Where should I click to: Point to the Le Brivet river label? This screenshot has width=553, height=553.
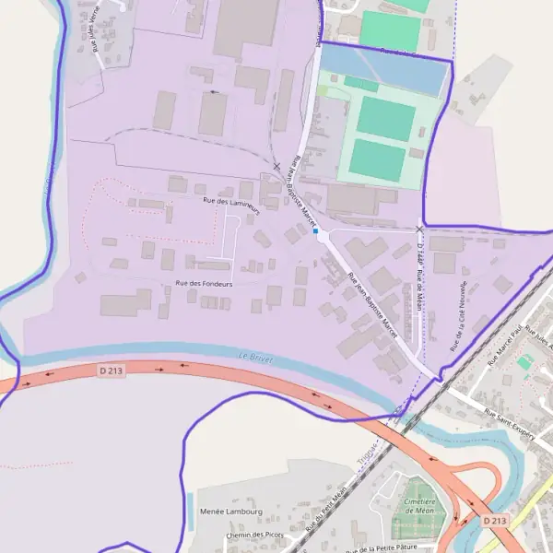coord(257,357)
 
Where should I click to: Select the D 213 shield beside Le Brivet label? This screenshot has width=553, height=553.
coord(111,370)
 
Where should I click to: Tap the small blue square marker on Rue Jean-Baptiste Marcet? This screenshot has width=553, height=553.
coord(315,232)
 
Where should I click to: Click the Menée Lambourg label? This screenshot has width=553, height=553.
coord(230,512)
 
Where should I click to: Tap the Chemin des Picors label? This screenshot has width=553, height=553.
coord(253,535)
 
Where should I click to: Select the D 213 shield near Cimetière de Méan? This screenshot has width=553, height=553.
coord(494,521)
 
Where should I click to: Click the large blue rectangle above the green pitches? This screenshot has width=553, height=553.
coord(382,70)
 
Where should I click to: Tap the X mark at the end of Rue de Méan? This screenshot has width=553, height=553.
coord(419,229)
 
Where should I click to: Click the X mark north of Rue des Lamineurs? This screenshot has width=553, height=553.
coord(276,167)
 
